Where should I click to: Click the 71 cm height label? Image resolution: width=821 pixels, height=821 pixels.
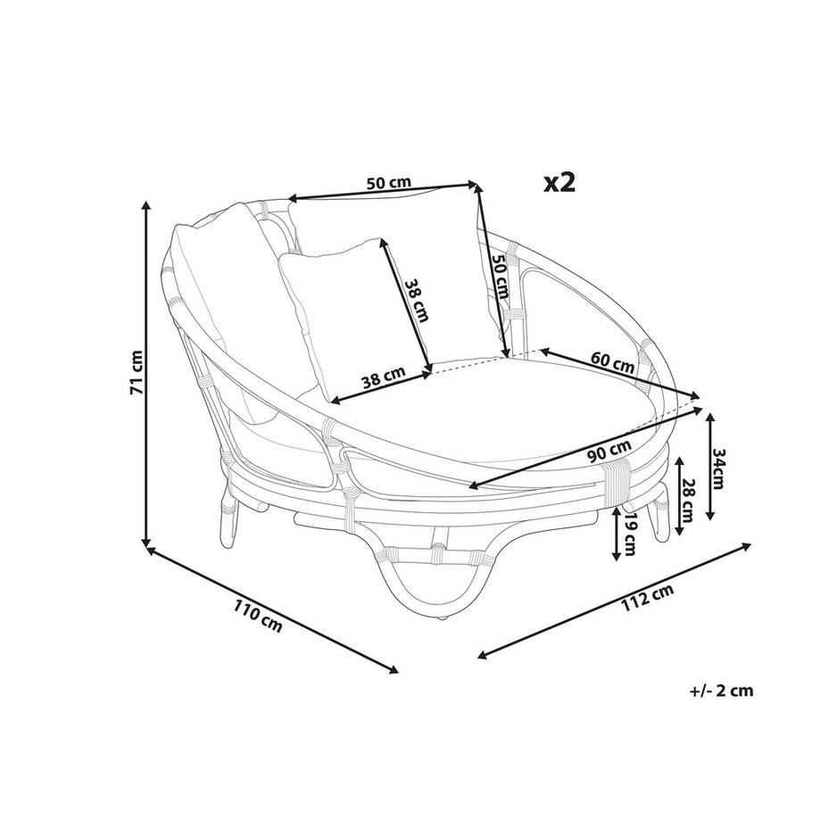tap(137, 372)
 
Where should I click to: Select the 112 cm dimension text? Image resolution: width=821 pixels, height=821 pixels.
tap(647, 597)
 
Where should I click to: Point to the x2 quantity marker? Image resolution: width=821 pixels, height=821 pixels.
tap(560, 182)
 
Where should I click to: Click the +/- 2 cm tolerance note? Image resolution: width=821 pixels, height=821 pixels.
tap(722, 691)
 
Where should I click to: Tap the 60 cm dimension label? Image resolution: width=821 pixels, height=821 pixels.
tap(612, 361)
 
